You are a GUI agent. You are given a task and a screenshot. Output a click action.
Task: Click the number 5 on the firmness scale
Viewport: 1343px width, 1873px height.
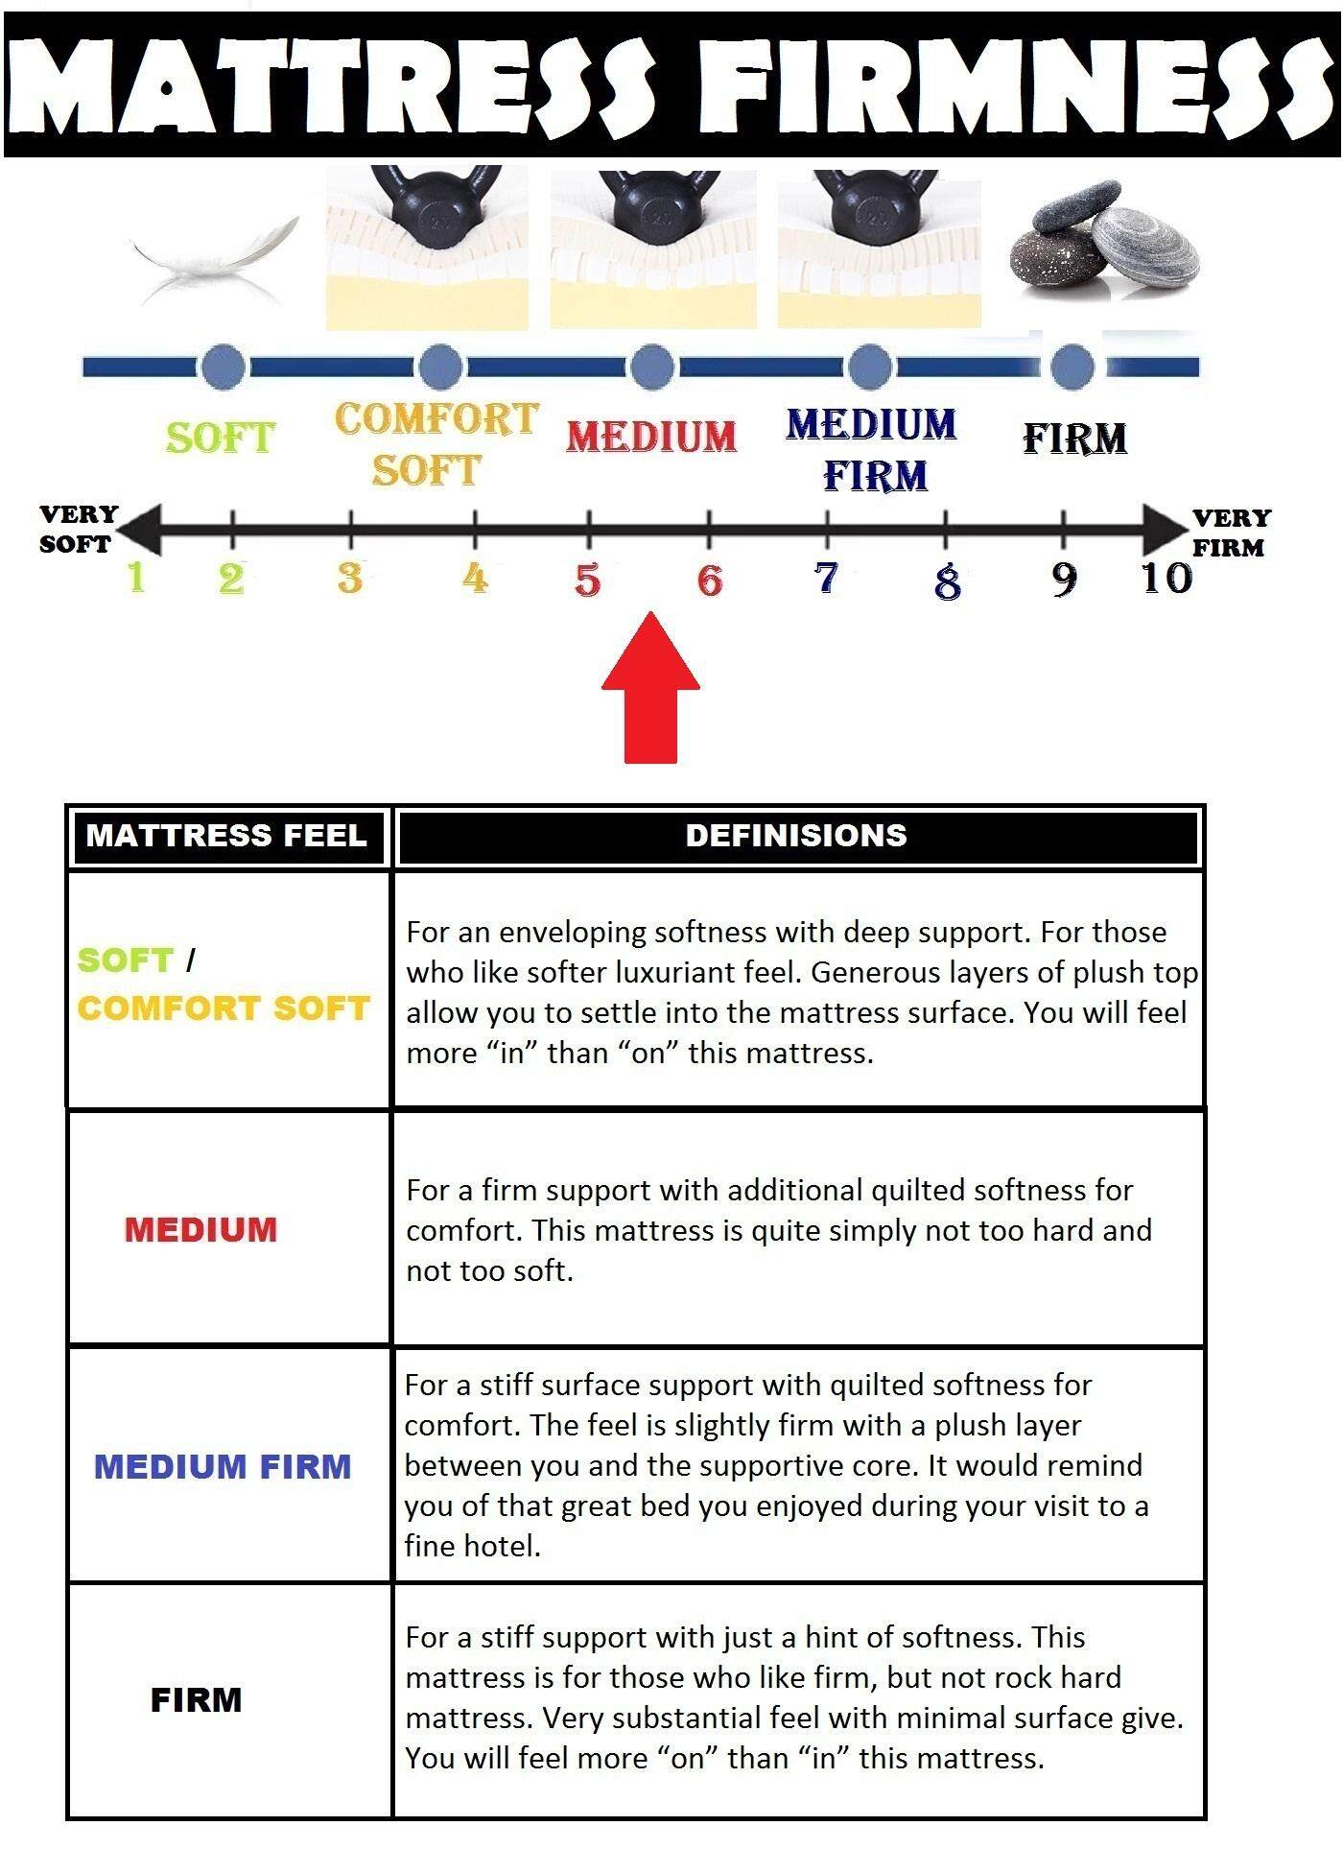pyautogui.click(x=587, y=580)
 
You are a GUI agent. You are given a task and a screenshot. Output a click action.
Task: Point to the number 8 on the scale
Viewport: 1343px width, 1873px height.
pyautogui.click(x=947, y=581)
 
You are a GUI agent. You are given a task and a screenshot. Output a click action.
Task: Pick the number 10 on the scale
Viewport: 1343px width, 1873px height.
pyautogui.click(x=1166, y=578)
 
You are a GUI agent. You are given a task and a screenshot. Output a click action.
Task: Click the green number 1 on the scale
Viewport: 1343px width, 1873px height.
pyautogui.click(x=136, y=578)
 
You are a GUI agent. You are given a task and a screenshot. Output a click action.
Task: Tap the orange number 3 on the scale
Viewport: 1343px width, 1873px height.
pyautogui.click(x=350, y=579)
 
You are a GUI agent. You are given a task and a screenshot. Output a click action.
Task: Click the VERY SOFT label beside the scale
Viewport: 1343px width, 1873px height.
pyautogui.click(x=77, y=529)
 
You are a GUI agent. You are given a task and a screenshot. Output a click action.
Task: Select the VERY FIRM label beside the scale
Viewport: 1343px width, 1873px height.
pyautogui.click(x=1231, y=533)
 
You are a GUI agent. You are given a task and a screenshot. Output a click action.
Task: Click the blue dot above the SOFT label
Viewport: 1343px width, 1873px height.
pyautogui.click(x=224, y=366)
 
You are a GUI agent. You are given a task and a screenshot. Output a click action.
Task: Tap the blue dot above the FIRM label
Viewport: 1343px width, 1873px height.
pyautogui.click(x=1072, y=366)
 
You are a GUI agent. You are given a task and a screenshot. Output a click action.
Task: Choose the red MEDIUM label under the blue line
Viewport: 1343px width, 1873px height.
pyautogui.click(x=651, y=437)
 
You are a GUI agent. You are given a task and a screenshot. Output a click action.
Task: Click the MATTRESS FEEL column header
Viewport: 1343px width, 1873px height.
pyautogui.click(x=227, y=836)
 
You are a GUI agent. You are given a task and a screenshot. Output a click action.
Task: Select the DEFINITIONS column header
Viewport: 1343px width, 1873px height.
pyautogui.click(x=796, y=836)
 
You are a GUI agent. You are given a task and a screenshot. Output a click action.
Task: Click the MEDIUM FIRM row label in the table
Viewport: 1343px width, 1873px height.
pyautogui.click(x=223, y=1466)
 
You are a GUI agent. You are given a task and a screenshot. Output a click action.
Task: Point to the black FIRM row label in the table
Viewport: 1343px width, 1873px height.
pyautogui.click(x=196, y=1700)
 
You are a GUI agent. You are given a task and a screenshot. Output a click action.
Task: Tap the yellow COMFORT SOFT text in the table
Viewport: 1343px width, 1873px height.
pyautogui.click(x=224, y=1008)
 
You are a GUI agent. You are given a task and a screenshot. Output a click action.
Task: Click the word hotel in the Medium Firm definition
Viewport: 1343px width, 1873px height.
pyautogui.click(x=498, y=1546)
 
